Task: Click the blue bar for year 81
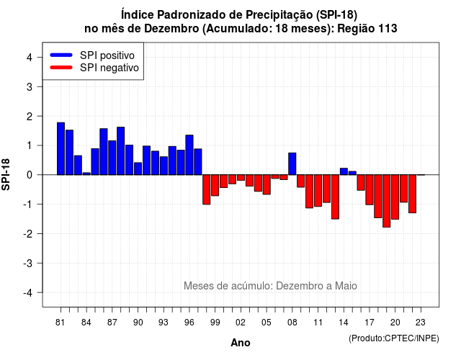tap(61, 149)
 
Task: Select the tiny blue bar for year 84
tap(86, 174)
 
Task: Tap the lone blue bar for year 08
tap(292, 164)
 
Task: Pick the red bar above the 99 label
tap(215, 185)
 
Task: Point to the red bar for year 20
tap(395, 197)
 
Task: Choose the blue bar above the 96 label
tap(189, 155)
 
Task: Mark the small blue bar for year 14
tap(344, 171)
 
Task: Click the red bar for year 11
tap(318, 191)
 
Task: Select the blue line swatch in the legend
tap(61, 55)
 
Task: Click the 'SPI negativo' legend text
tap(109, 68)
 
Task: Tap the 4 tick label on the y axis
tap(30, 58)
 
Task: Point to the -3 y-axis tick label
tap(28, 263)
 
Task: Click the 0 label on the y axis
tap(30, 175)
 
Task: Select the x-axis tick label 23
tap(421, 323)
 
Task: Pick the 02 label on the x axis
tap(241, 323)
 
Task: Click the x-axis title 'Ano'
tap(241, 343)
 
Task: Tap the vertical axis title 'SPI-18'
tap(6, 174)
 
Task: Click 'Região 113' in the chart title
tap(367, 29)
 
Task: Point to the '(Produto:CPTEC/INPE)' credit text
tap(394, 338)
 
